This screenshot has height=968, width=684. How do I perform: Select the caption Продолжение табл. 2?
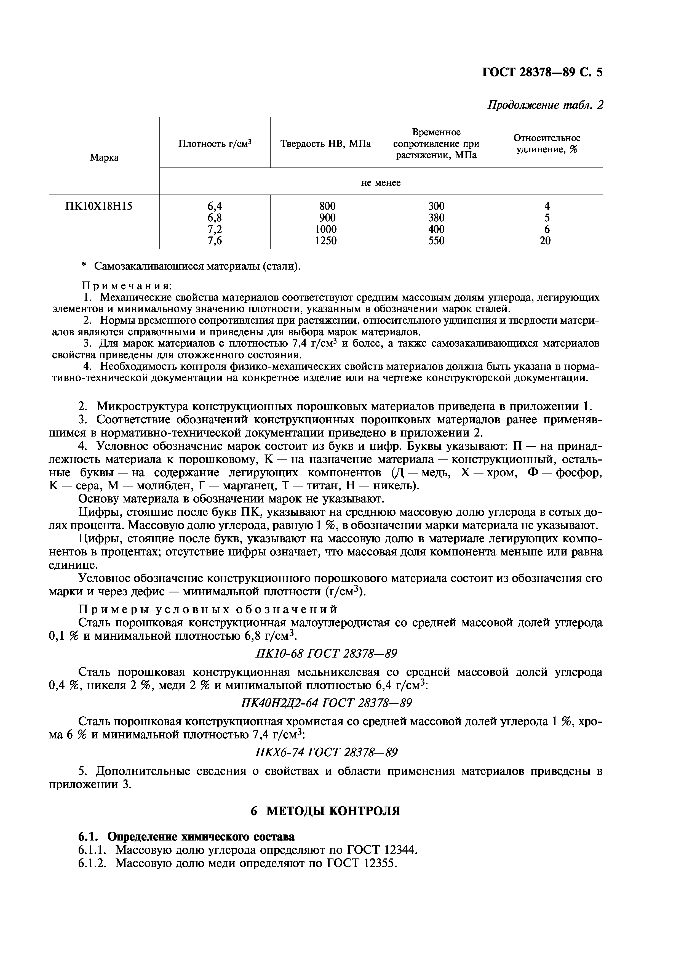pos(545,105)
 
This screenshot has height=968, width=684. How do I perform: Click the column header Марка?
pos(104,158)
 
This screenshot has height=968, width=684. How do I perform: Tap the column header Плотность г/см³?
pos(215,144)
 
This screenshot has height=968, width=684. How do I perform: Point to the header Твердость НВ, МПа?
pos(325,144)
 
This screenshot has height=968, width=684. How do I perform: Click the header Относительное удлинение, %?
pos(547,144)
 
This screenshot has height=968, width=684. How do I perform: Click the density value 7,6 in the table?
pos(215,241)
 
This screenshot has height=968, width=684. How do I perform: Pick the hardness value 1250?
pos(326,241)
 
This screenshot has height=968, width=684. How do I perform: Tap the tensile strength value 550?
pos(436,241)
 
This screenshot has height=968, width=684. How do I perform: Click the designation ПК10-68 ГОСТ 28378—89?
pos(326,654)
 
